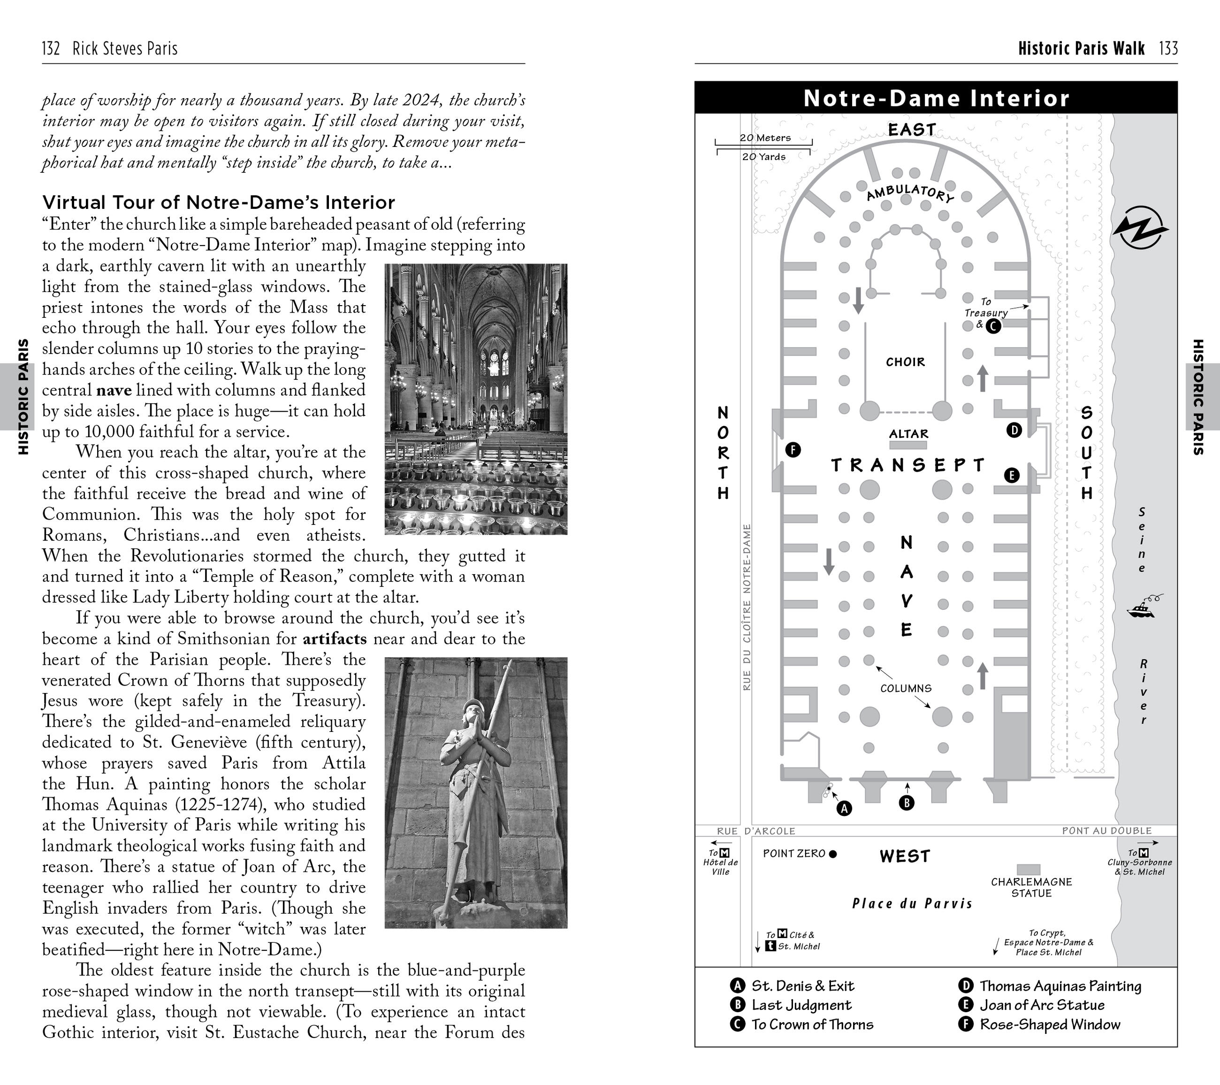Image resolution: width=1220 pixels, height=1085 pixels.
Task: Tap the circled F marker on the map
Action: (793, 450)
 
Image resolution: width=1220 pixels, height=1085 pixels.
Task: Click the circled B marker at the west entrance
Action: (906, 803)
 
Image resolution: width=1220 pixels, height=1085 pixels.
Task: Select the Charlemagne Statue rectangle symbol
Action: (1029, 870)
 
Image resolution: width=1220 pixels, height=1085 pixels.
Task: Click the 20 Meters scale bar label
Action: (765, 138)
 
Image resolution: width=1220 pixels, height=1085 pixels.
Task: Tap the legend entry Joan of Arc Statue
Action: (1042, 1005)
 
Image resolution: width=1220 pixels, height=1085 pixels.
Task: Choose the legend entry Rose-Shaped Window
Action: (1049, 1025)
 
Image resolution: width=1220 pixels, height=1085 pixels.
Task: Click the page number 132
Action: (51, 48)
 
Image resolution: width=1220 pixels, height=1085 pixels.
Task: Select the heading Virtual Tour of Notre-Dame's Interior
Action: (219, 202)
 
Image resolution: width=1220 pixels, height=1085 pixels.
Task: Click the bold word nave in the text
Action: (114, 391)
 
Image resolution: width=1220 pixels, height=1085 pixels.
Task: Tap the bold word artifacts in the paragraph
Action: (334, 639)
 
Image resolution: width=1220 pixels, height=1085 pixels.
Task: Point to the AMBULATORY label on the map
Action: (910, 193)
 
